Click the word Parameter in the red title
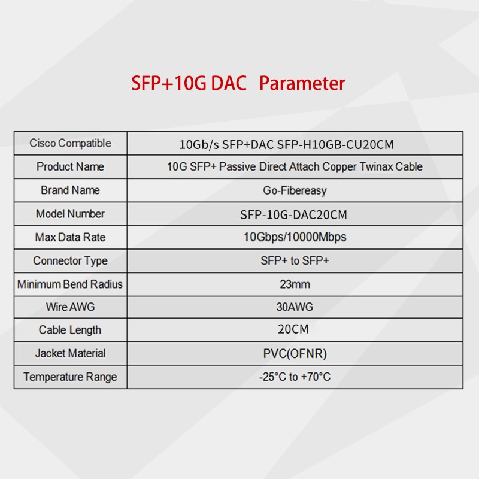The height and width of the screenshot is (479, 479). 302,83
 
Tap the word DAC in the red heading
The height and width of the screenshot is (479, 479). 229,83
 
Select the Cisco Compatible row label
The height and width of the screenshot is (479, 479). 70,143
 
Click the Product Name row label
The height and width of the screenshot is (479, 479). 70,167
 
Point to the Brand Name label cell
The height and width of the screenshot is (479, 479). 70,190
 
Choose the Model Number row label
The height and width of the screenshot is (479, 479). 70,214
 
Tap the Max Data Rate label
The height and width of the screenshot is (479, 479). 70,237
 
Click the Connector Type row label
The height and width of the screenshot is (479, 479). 70,261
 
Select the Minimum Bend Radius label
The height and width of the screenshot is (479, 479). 70,284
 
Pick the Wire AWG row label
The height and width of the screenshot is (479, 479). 70,307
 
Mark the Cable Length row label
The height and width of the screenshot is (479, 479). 70,330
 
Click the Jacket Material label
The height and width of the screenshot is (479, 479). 70,353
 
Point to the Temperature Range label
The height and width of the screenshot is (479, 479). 70,377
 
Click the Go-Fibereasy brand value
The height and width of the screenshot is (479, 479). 295,190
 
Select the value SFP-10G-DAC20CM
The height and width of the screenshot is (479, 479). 293,215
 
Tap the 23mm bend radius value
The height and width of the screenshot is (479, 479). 295,284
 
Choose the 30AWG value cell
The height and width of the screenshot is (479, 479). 295,307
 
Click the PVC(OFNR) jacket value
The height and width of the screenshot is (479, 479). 295,354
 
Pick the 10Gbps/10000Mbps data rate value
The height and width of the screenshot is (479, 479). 295,237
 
